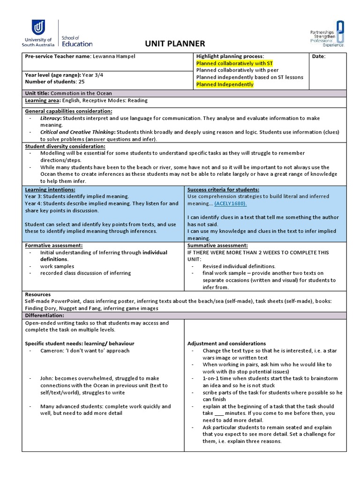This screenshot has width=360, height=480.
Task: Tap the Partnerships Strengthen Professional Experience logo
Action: [x=327, y=34]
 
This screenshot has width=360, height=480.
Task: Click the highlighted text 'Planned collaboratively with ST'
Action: [x=234, y=63]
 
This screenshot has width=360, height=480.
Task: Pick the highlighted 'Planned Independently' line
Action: [x=225, y=84]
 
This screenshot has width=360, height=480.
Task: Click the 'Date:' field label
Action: [x=319, y=56]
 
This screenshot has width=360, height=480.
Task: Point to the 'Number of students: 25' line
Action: [x=54, y=82]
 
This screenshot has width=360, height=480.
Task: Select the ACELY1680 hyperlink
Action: [x=230, y=203]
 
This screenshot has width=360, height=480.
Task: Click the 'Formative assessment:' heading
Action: [x=53, y=245]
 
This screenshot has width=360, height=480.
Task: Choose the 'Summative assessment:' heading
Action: [x=217, y=245]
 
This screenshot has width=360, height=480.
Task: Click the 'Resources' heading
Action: [x=37, y=294]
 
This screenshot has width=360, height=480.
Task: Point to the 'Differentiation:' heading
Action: [x=44, y=315]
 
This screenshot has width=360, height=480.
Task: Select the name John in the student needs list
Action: [x=47, y=378]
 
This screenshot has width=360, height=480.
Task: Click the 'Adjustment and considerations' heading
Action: [x=226, y=344]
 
